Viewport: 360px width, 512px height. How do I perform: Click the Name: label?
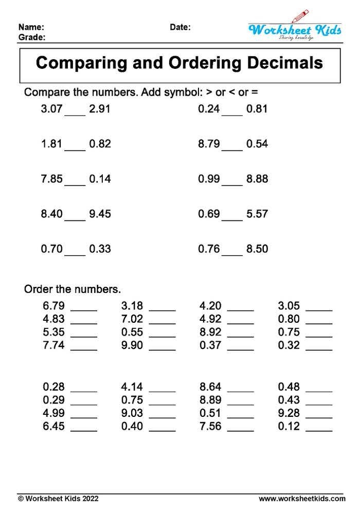click(x=31, y=27)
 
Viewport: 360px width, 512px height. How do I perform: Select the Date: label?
click(x=180, y=27)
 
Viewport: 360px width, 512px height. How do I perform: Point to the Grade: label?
click(x=32, y=38)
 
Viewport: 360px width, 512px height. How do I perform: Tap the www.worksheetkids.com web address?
click(x=302, y=499)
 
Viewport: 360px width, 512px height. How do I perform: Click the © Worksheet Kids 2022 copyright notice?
click(x=58, y=499)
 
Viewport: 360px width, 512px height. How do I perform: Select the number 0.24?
click(x=209, y=109)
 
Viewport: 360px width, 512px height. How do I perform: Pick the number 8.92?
click(x=211, y=332)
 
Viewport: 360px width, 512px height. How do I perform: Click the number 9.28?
click(x=289, y=413)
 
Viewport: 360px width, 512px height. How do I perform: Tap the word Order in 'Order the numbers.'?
click(x=38, y=289)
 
